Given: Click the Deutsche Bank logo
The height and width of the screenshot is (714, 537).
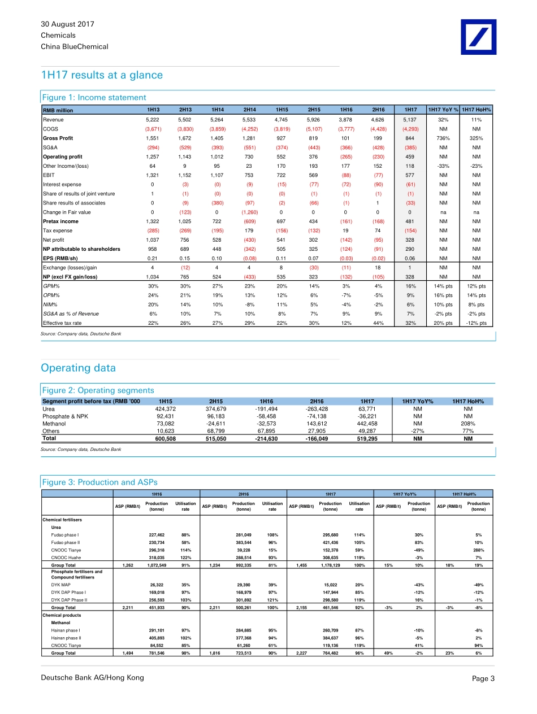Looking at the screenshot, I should click(478, 37).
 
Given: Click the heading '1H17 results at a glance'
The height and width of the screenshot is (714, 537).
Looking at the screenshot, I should click(102, 75).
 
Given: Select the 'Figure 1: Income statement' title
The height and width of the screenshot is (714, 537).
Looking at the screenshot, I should click(94, 98).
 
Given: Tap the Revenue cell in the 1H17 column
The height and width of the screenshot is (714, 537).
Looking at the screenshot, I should click(410, 120).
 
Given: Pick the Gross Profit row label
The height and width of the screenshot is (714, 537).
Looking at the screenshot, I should click(58, 138).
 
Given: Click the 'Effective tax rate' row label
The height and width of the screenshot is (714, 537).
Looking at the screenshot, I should click(63, 323).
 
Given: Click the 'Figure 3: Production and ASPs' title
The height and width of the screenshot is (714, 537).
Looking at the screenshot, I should click(100, 482).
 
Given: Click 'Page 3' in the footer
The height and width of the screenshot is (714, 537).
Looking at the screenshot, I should click(483, 678).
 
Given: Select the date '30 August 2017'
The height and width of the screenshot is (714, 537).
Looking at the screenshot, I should click(67, 24).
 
